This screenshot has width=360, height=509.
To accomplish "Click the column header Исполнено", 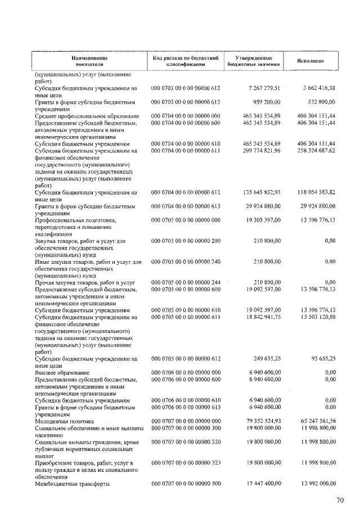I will [x=310, y=61].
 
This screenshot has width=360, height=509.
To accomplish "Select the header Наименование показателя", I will [x=89, y=61].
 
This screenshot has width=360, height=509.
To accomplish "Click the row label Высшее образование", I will [x=62, y=372].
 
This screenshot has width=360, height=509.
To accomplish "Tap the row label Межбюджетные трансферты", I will [x=71, y=483].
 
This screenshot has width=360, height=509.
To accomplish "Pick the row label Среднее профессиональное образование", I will [x=87, y=115].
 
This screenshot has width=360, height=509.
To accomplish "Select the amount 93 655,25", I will [x=320, y=358].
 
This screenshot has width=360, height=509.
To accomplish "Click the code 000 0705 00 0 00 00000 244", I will [x=186, y=282].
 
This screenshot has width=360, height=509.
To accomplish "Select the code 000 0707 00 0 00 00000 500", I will [x=186, y=483].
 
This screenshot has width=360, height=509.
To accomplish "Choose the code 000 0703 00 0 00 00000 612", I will [x=186, y=88].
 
